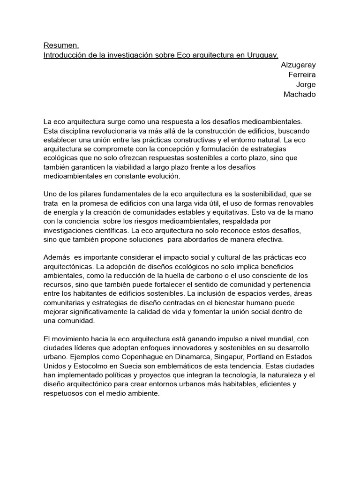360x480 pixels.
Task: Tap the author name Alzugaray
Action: (299, 65)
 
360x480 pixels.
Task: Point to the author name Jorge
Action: (306, 84)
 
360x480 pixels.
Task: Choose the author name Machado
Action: (300, 94)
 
